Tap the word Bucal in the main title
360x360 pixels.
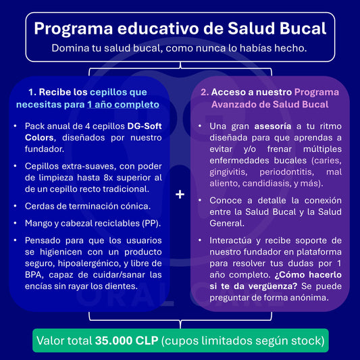[x=297, y=28]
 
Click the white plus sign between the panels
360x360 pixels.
[x=180, y=195]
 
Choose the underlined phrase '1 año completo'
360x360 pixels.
[x=123, y=105]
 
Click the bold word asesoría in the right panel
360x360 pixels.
[x=273, y=126]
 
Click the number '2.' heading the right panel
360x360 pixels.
[x=203, y=91]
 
